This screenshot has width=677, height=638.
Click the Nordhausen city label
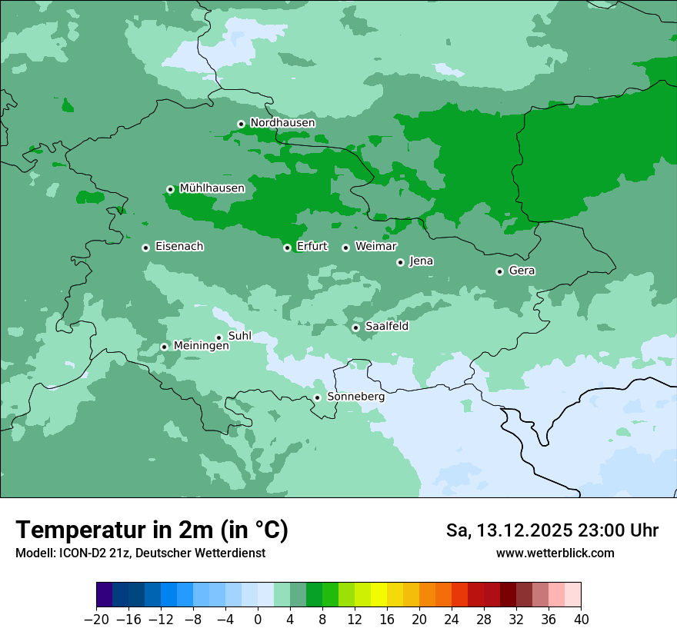pos(282,123)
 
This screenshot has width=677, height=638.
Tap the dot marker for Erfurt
pos(287,248)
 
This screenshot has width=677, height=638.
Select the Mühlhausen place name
pos(212,188)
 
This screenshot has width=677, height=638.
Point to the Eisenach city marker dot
pos(145,248)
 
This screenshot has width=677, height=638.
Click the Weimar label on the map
pos(375,247)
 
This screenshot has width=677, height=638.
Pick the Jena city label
pos(421,261)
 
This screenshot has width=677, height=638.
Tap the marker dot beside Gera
pos(499,271)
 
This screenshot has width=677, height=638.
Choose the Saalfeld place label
pos(386,327)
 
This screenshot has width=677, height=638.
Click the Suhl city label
pos(239,337)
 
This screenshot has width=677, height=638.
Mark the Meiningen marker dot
pos(164,347)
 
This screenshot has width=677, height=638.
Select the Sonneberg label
pos(355,397)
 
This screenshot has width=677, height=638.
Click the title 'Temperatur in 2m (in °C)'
pos(152,530)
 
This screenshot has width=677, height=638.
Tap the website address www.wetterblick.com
pos(555,553)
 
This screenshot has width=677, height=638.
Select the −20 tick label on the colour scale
pos(96,619)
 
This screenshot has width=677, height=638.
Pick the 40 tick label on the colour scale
pos(581,619)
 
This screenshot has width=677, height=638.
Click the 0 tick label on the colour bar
pos(258,619)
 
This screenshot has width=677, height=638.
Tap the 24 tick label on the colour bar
pos(452,619)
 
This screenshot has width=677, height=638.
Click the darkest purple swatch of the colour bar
pos(104,595)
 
